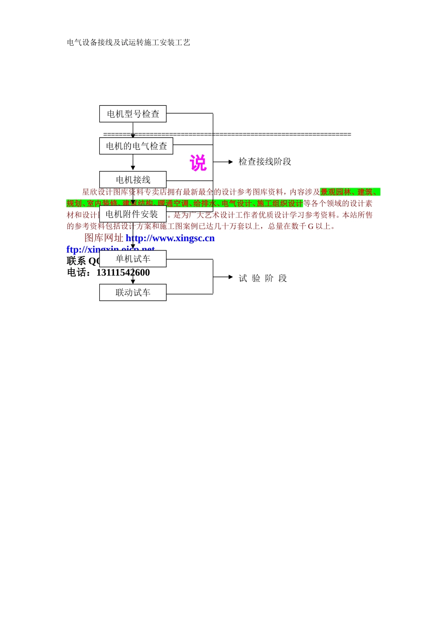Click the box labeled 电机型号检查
[133, 114]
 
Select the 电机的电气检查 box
[136, 146]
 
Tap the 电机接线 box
[133, 180]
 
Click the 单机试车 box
[133, 259]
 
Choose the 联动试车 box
[133, 292]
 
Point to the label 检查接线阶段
[265, 162]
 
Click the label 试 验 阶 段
[263, 278]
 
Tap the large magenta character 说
[198, 163]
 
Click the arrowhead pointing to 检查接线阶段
[230, 162]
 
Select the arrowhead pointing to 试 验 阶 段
[230, 277]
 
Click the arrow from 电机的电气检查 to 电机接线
[133, 163]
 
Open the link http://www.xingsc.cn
[170, 238]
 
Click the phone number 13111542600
[123, 273]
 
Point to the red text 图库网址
[104, 238]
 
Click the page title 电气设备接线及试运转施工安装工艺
[128, 43]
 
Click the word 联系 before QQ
[76, 261]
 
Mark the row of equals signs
[227, 134]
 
